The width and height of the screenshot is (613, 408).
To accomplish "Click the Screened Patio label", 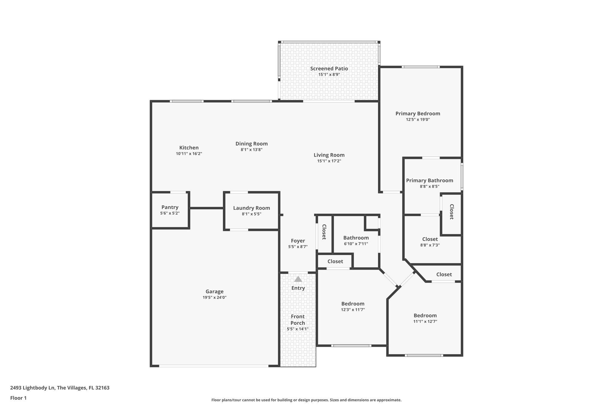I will [x=329, y=69].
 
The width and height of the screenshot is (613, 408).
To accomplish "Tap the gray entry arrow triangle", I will [x=298, y=279].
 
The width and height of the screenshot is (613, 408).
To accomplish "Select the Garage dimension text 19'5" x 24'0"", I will [x=214, y=297].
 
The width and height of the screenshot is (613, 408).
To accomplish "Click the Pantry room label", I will [x=170, y=207].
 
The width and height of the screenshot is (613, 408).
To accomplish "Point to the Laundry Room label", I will [x=251, y=208].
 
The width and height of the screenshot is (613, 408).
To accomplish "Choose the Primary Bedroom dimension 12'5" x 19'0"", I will [x=418, y=120].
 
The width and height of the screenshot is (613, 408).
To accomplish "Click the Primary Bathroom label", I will [x=430, y=181].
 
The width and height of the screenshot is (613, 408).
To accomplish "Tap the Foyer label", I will [x=298, y=241].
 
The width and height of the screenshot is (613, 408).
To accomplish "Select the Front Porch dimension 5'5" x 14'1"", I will [x=298, y=329].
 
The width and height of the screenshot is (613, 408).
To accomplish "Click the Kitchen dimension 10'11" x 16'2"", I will [x=189, y=154].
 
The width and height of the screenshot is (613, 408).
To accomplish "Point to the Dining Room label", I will [x=251, y=144].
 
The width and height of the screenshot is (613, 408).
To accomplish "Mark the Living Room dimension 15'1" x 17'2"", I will [x=329, y=161].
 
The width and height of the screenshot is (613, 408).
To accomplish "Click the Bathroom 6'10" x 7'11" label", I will [x=356, y=238].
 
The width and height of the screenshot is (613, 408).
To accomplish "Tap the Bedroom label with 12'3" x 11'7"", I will [x=353, y=304].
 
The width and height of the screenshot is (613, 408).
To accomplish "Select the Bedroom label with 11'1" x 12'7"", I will [x=425, y=316].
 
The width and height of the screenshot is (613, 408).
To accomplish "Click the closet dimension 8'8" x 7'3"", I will [x=430, y=245].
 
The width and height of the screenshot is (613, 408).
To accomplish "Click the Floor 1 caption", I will [x=19, y=398].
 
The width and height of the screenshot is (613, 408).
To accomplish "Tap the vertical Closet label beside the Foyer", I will [x=324, y=232].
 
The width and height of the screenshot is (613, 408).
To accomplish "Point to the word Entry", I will [x=298, y=288].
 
